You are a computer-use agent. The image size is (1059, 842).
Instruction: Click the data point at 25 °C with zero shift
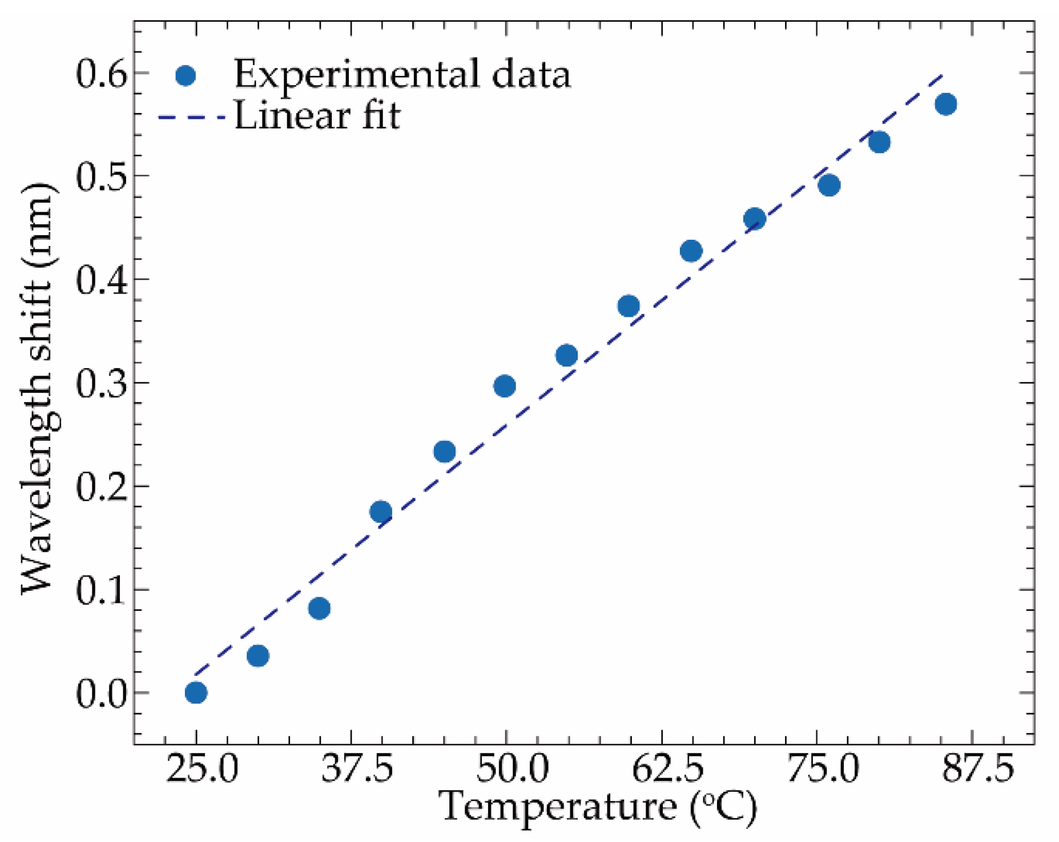click(x=196, y=692)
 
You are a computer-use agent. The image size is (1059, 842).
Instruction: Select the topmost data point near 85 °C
click(x=946, y=104)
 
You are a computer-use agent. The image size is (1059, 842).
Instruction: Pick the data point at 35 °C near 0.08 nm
click(x=319, y=609)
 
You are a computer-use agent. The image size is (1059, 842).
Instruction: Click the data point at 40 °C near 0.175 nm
click(x=381, y=511)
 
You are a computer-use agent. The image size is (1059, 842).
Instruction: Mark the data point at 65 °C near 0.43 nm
click(x=691, y=251)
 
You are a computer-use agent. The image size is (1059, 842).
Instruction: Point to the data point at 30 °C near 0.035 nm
click(x=258, y=656)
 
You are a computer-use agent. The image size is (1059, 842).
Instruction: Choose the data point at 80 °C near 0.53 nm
click(x=879, y=142)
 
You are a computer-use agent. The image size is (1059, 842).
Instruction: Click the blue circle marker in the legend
click(x=186, y=75)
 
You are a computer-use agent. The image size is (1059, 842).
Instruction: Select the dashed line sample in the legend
click(x=191, y=118)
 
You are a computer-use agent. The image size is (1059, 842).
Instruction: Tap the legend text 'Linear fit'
click(x=317, y=116)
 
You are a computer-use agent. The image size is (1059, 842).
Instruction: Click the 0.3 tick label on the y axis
click(x=100, y=384)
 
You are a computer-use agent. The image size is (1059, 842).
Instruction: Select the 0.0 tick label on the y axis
click(x=100, y=694)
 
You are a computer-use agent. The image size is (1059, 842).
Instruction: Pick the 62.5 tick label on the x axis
click(x=667, y=769)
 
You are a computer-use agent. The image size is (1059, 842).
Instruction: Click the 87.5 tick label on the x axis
click(x=977, y=769)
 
